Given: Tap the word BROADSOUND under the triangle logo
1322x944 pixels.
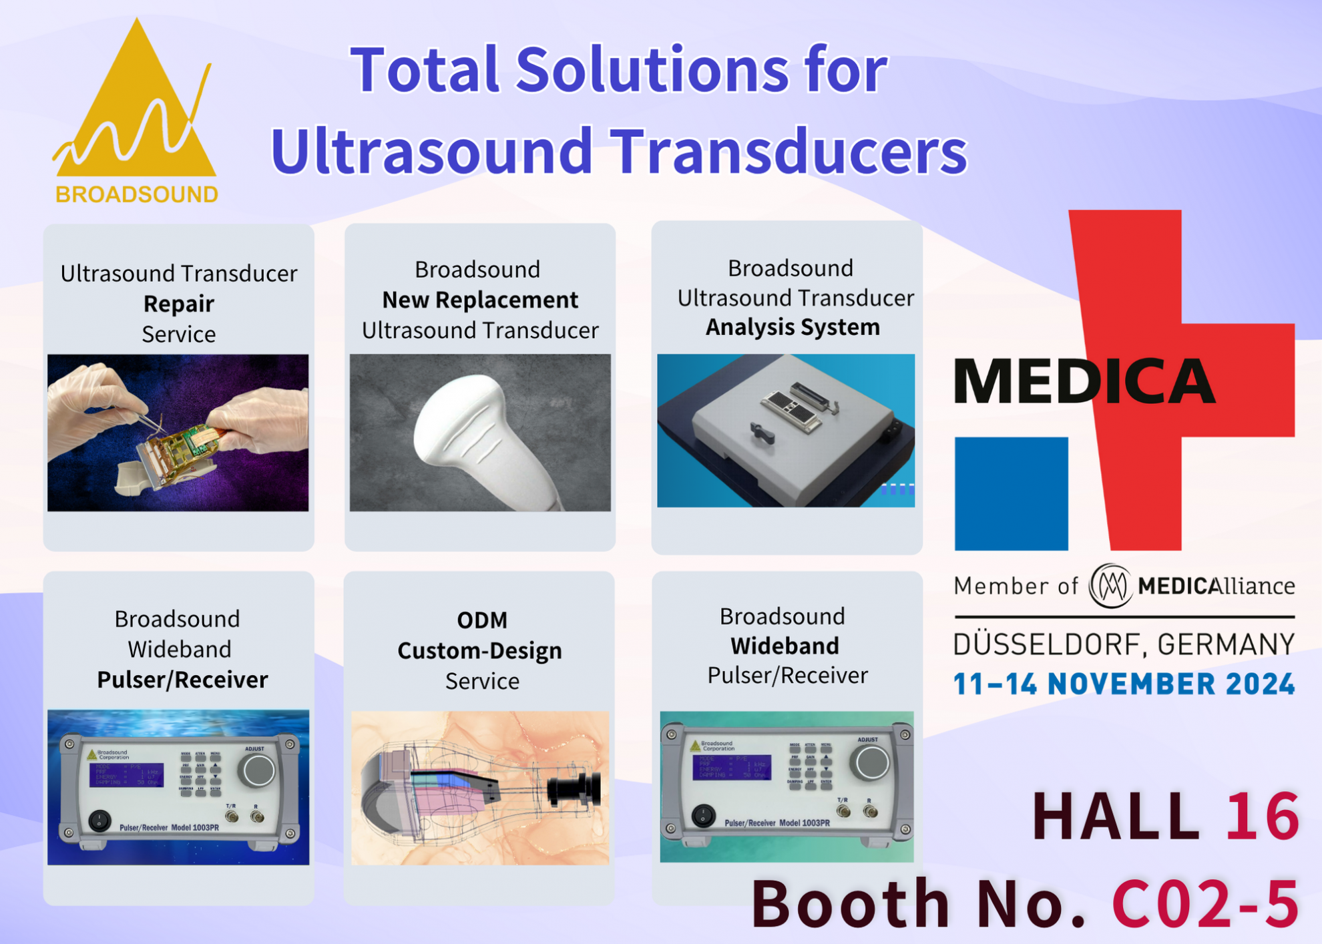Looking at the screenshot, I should point(137,194).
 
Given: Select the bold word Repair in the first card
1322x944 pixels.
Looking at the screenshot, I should point(178,304).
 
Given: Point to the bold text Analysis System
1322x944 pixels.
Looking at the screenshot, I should point(793,327).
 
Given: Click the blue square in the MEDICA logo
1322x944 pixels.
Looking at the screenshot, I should point(1011,493).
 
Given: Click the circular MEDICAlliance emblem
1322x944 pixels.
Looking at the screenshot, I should point(1110,585).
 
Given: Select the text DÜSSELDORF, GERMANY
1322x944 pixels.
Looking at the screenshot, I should point(1124,645).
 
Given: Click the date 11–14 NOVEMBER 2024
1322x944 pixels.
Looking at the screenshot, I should point(1124,684).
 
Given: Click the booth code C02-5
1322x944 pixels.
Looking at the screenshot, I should point(1205,903).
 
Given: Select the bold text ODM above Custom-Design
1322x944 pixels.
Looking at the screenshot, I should point(482,620).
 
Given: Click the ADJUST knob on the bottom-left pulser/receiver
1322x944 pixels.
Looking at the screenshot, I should point(258,770).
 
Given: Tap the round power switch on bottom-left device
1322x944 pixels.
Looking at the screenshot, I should point(99,820).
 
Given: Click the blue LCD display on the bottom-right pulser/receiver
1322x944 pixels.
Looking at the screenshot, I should point(731,767).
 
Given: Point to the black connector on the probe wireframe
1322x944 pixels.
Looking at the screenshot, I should point(574,789).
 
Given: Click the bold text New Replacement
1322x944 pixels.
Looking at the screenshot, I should point(480,300).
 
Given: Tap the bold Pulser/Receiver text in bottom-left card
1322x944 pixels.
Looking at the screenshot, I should point(182,680).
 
